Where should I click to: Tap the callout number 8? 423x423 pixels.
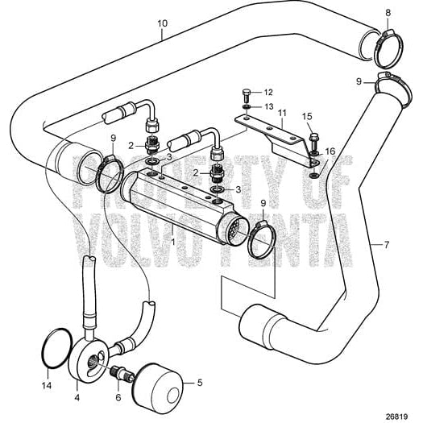[x=388, y=12]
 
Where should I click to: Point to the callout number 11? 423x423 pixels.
[x=281, y=114]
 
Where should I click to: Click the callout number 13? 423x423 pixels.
[x=269, y=106]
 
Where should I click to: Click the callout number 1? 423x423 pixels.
[x=172, y=241]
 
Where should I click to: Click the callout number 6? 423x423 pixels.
[x=119, y=397]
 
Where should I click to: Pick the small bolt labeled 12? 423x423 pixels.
[x=246, y=93]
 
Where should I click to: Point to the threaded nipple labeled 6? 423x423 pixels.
[x=121, y=372]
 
